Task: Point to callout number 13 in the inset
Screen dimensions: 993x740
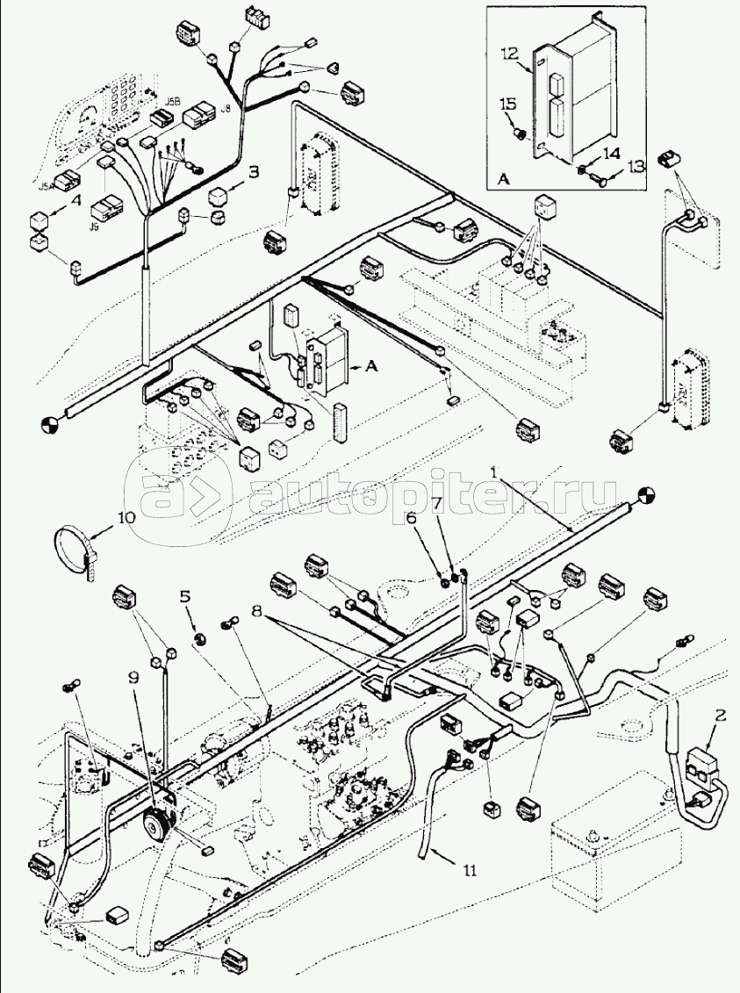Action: [636, 164]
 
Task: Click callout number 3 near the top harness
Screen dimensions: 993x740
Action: [253, 172]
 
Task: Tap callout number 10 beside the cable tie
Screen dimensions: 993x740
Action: [126, 519]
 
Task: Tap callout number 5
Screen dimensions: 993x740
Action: [184, 596]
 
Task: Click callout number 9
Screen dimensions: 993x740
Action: [133, 678]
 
